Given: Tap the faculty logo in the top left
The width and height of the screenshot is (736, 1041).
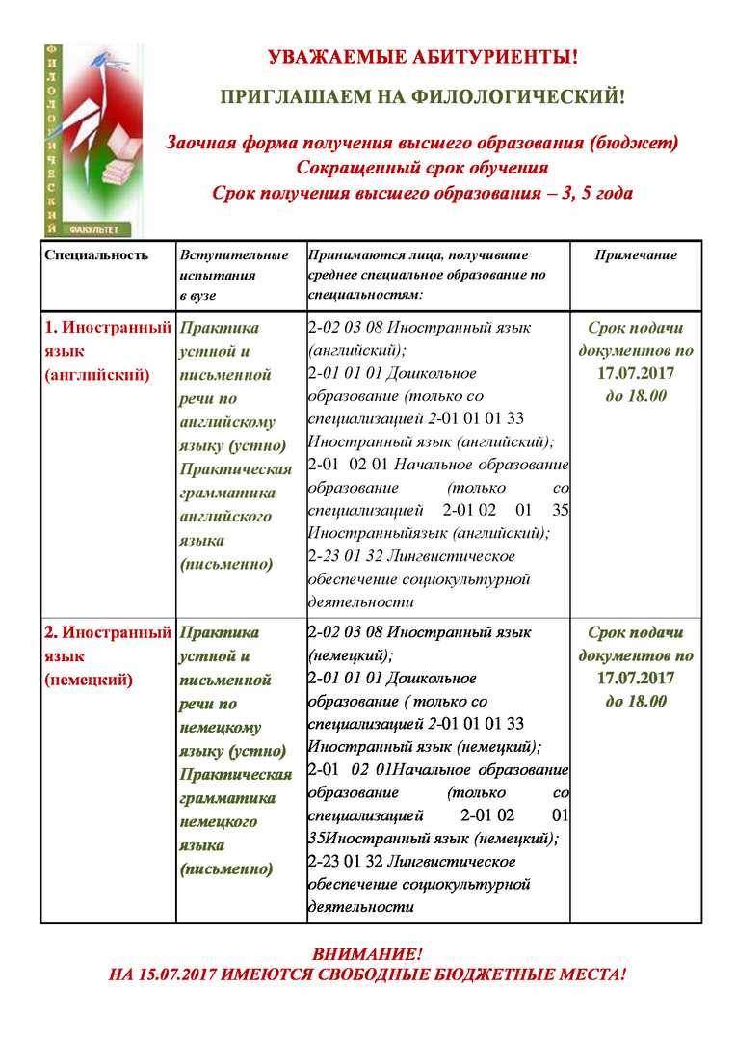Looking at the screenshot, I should tap(92, 140).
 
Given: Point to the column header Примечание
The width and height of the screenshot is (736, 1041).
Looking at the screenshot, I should tap(636, 255).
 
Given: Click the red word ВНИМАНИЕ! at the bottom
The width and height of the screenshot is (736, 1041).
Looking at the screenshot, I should tap(367, 954).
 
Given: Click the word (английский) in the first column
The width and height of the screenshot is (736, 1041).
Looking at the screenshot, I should tap(97, 374).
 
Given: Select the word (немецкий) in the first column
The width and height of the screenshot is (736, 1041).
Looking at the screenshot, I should tap(89, 680).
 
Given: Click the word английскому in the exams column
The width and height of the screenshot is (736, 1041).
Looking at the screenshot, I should tap(227, 421).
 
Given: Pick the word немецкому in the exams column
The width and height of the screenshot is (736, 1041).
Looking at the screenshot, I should tap(221, 727).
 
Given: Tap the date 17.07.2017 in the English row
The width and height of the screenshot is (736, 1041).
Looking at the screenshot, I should tap(636, 373).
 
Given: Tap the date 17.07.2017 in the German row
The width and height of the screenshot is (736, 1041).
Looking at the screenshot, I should tap(636, 679).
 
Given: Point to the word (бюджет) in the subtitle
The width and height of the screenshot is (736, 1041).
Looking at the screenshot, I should tap(635, 143).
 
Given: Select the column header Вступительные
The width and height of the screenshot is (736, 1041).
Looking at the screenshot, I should tap(234, 255).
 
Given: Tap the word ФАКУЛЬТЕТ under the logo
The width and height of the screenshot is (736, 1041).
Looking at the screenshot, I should tap(92, 230).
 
